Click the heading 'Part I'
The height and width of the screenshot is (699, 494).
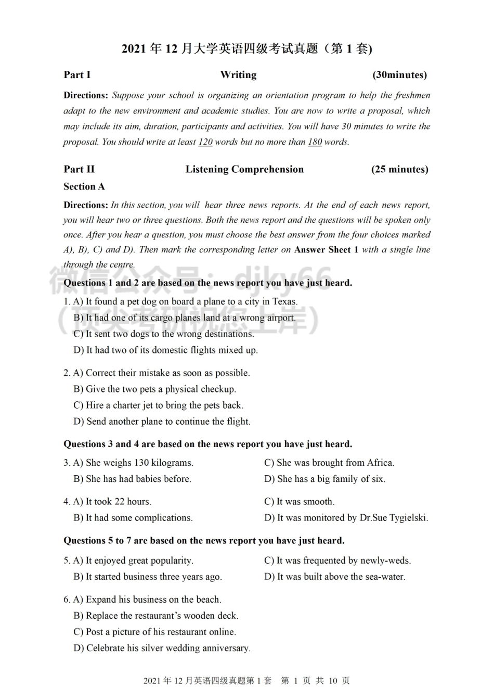[77, 75]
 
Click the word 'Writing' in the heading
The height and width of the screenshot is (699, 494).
[238, 75]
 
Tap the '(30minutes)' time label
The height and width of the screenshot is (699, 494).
[399, 75]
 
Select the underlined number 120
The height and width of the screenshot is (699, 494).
[205, 142]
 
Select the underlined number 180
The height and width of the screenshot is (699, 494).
[315, 142]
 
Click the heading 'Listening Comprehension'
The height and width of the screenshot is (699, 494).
[244, 169]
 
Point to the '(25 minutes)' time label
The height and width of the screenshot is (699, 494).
[399, 169]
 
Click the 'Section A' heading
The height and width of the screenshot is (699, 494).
[84, 186]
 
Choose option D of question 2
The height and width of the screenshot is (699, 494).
[162, 422]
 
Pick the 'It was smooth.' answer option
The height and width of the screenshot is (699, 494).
[300, 502]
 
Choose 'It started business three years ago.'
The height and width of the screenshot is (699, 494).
[148, 577]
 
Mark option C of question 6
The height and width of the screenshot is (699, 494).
[154, 632]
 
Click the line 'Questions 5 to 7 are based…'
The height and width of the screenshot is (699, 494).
[204, 541]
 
